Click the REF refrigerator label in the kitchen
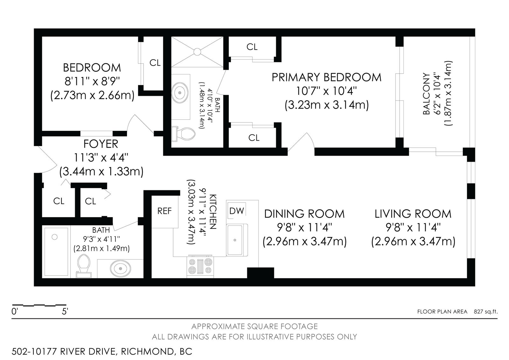pyautogui.click(x=164, y=211)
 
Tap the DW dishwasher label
pyautogui.click(x=237, y=211)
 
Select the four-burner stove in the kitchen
pyautogui.click(x=200, y=266)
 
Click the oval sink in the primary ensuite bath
pyautogui.click(x=180, y=92)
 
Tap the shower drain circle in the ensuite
pyautogui.click(x=197, y=52)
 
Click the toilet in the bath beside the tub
pyautogui.click(x=84, y=265)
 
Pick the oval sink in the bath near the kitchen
pyautogui.click(x=120, y=269)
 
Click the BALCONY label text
pyautogui.click(x=426, y=94)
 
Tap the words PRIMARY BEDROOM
pyautogui.click(x=326, y=77)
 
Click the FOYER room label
pyautogui.click(x=101, y=144)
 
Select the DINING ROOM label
pyautogui.click(x=304, y=214)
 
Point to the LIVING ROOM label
pyautogui.click(x=413, y=214)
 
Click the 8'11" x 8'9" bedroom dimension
pyautogui.click(x=92, y=81)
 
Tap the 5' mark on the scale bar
pyautogui.click(x=65, y=311)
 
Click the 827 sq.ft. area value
pyautogui.click(x=485, y=312)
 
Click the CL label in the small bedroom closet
pyautogui.click(x=155, y=63)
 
